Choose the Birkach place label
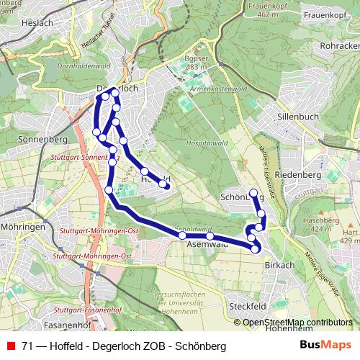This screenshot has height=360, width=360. [x=279, y=265]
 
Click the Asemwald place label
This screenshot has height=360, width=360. [x=207, y=244]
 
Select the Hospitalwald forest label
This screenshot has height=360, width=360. [x=202, y=144]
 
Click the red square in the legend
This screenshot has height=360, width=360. [x=10, y=346]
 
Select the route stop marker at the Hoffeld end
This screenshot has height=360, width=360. [x=164, y=185]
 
